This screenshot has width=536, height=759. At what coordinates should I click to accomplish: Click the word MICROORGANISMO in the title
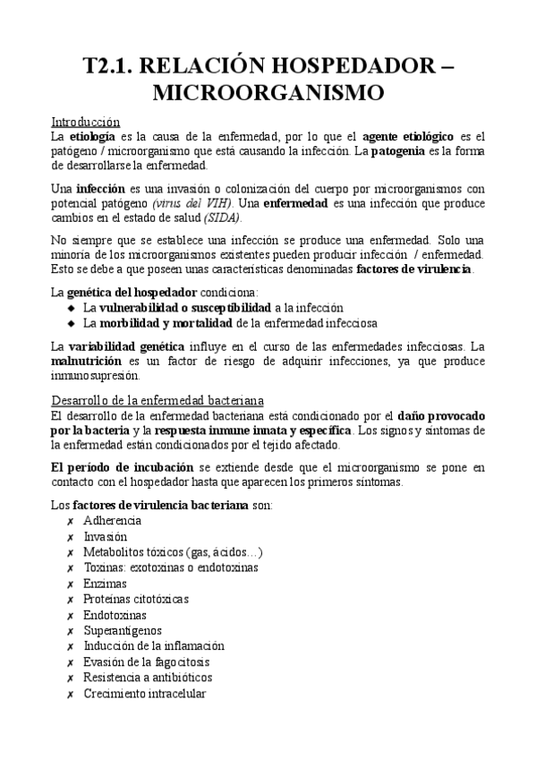pyautogui.click(x=268, y=92)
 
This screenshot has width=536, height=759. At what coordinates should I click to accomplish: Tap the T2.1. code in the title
pyautogui.click(x=111, y=64)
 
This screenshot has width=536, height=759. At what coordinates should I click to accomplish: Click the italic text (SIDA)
pyautogui.click(x=222, y=218)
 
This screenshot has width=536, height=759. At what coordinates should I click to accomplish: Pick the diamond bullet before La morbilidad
pyautogui.click(x=72, y=322)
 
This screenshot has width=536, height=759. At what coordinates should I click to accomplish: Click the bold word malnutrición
pyautogui.click(x=89, y=361)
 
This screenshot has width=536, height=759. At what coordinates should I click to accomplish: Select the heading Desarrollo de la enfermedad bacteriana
pyautogui.click(x=156, y=399)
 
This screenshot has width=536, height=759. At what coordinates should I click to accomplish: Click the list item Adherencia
pyautogui.click(x=111, y=520)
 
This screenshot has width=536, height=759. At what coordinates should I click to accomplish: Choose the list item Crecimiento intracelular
pyautogui.click(x=144, y=694)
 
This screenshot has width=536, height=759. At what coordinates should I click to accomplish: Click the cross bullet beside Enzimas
pyautogui.click(x=70, y=583)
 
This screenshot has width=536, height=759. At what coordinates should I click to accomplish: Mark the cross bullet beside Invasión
pyautogui.click(x=70, y=536)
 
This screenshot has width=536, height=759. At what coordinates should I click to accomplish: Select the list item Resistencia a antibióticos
pyautogui.click(x=147, y=678)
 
